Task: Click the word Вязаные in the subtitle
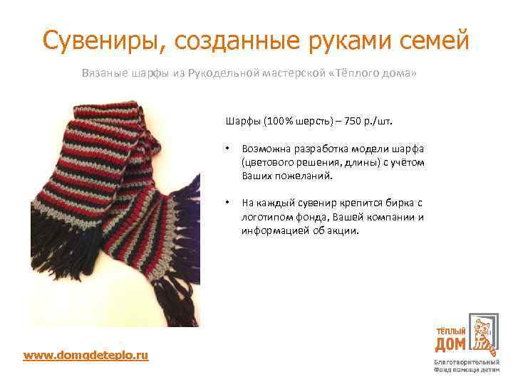click(x=103, y=74)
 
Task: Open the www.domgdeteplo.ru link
click(x=85, y=354)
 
